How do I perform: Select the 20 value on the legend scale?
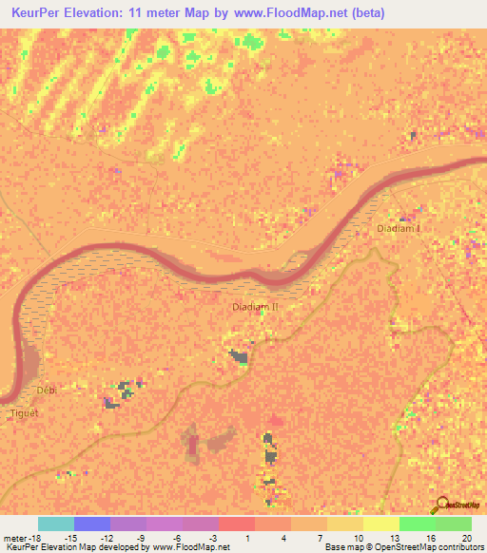466,537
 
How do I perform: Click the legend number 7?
321,537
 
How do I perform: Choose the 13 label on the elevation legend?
394,537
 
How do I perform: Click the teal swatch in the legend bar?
56,524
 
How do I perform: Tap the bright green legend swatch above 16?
417,524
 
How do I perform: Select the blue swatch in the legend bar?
92,524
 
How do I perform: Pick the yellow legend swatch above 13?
380,524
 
